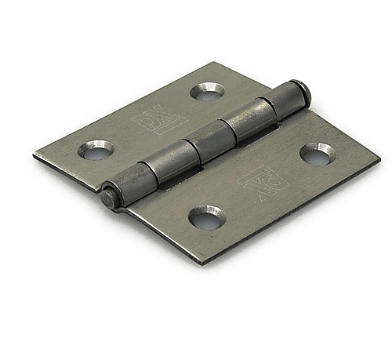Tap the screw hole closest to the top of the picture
click(207, 92)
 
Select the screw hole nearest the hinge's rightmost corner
click(318, 155)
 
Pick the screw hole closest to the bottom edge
click(207, 217)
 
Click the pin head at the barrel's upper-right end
click(303, 90)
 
